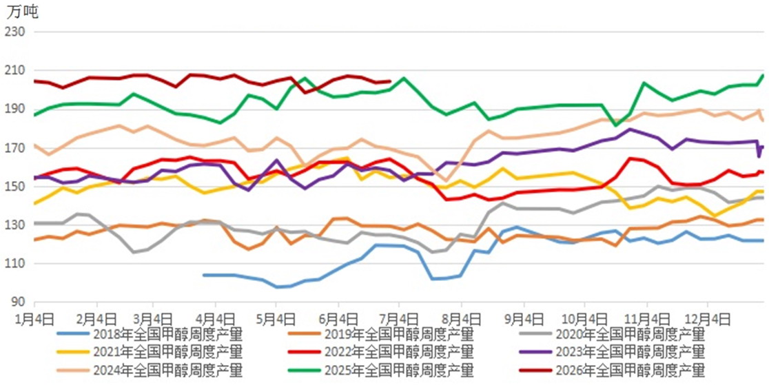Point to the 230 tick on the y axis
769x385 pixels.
point(14,32)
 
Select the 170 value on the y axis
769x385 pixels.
point(14,148)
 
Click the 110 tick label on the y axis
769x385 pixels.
point(14,264)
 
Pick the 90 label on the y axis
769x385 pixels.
point(18,302)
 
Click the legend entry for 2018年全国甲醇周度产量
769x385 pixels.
point(167,335)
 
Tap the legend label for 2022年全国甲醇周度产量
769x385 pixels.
point(399,352)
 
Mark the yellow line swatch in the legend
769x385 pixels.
point(72,352)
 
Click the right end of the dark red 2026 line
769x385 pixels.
point(391,81)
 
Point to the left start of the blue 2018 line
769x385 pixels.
point(203,275)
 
